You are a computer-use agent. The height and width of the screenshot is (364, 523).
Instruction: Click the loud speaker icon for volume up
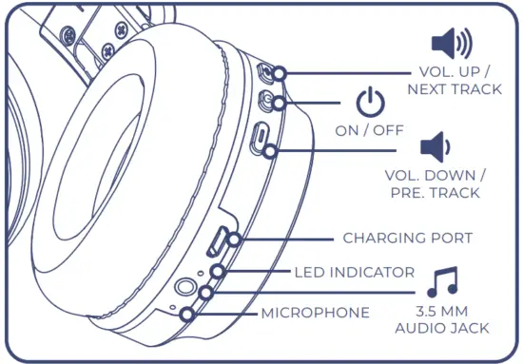click(451, 43)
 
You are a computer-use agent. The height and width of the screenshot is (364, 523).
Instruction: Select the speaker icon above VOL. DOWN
click(435, 147)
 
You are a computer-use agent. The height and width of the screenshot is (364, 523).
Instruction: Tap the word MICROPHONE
click(316, 313)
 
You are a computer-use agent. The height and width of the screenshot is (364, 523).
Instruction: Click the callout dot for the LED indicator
click(219, 273)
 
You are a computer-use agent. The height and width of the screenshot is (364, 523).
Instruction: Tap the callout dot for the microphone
click(187, 313)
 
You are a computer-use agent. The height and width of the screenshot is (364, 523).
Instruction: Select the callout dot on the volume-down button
click(272, 150)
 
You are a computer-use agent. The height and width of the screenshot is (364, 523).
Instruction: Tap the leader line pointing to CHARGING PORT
click(285, 239)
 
